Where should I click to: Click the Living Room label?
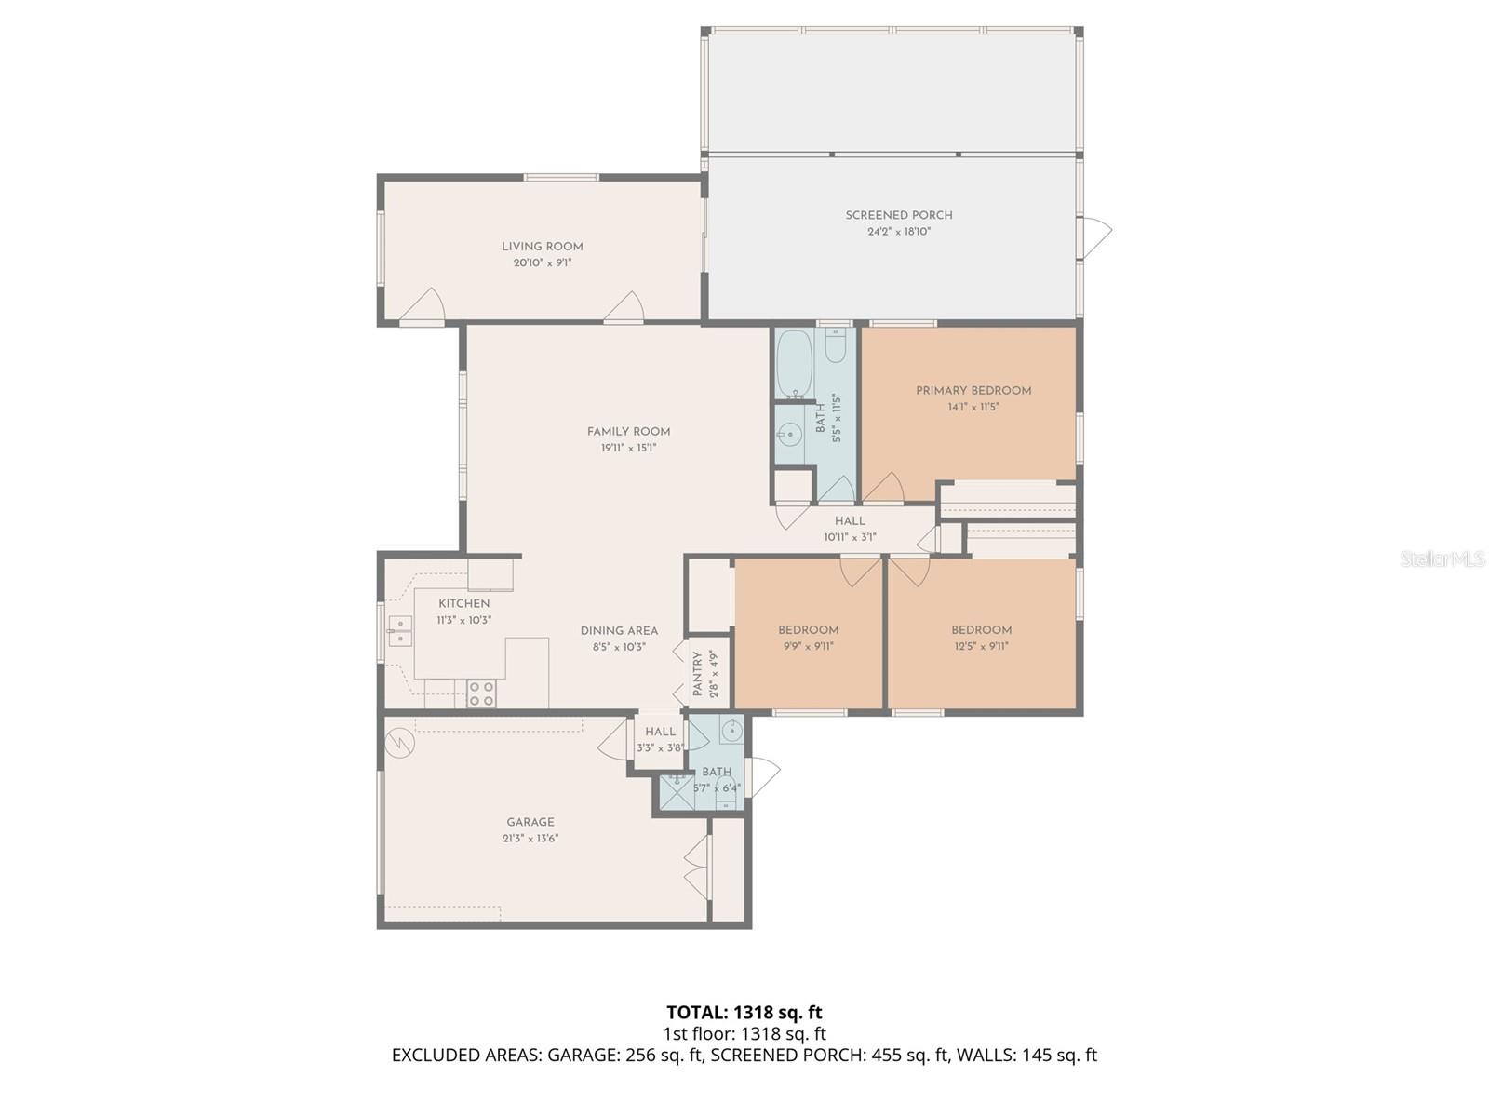(x=542, y=247)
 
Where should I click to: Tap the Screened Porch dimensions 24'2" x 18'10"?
(x=899, y=232)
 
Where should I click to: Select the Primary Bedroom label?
(x=973, y=391)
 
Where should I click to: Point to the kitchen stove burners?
(x=481, y=693)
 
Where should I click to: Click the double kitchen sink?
(x=400, y=630)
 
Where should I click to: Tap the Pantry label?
(x=698, y=675)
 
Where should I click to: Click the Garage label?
(x=530, y=822)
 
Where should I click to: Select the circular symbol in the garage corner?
(x=398, y=741)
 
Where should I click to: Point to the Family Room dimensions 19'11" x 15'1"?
(x=628, y=448)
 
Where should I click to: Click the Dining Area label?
(x=619, y=630)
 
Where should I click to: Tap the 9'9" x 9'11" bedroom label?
(x=808, y=630)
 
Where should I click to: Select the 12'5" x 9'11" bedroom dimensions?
(x=981, y=646)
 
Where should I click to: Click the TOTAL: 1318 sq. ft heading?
(x=744, y=1012)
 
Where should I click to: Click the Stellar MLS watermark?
(x=1442, y=559)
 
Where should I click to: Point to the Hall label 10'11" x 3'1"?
(x=850, y=521)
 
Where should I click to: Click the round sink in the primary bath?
(x=790, y=434)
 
